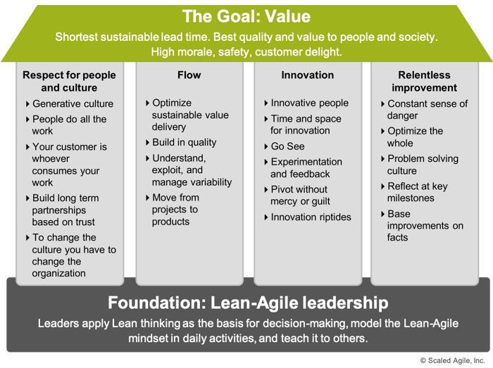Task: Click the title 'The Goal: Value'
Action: (246, 16)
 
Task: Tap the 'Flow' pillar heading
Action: (189, 75)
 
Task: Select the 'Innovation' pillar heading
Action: (308, 75)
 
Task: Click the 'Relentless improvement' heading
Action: (424, 82)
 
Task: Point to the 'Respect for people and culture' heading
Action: (69, 82)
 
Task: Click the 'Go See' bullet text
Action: (287, 146)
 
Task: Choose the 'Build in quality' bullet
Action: (185, 143)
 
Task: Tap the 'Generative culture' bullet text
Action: (73, 103)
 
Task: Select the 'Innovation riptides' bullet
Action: (311, 217)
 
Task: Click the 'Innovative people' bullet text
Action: (310, 103)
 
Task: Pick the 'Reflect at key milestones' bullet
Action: (418, 192)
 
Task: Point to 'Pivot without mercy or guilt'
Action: (300, 196)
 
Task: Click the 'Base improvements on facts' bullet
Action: (425, 225)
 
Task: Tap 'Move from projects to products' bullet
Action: (175, 210)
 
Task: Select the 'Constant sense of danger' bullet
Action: (428, 110)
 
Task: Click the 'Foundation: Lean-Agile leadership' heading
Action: (248, 303)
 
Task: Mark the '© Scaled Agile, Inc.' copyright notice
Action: (452, 361)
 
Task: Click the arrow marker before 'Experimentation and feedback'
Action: (266, 162)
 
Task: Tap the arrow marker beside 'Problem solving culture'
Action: (382, 159)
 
